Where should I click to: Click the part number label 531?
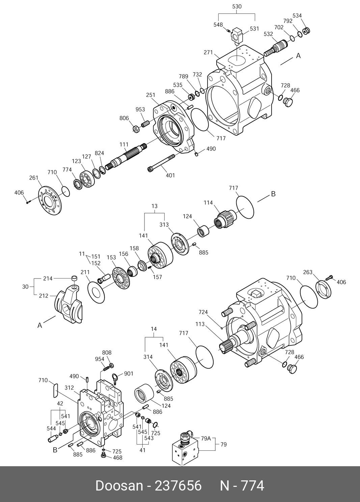click(254, 29)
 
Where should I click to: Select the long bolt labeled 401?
click(161, 163)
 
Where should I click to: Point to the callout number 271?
click(208, 52)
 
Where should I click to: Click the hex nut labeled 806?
click(136, 129)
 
